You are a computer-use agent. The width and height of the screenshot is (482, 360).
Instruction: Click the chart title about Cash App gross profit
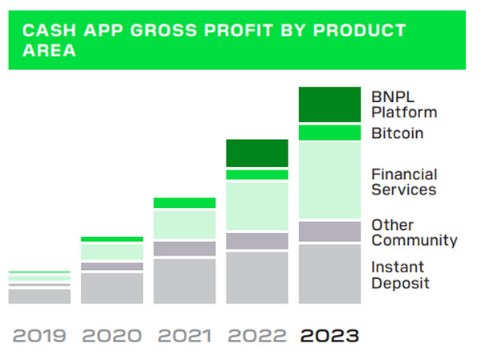[x=213, y=40]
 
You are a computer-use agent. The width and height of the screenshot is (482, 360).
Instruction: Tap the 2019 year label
[x=39, y=335]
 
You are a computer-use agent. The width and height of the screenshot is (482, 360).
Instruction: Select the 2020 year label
[x=112, y=335]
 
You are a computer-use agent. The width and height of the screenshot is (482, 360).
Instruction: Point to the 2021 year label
[x=184, y=335]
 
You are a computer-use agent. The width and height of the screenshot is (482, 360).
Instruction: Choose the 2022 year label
[x=257, y=335]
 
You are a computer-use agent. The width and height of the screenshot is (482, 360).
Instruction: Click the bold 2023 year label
[x=329, y=335]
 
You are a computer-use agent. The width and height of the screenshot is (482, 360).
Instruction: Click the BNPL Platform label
[x=403, y=104]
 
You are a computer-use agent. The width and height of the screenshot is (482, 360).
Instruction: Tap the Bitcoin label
[x=397, y=133]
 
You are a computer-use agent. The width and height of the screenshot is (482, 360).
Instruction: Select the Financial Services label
[x=404, y=182]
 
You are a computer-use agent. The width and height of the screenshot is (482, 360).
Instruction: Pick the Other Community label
[x=414, y=232]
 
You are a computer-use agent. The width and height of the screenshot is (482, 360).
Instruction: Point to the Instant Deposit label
[x=400, y=275]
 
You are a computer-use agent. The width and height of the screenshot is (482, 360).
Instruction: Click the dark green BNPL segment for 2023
[x=329, y=104]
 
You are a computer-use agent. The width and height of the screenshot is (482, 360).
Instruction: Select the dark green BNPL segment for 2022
[x=257, y=153]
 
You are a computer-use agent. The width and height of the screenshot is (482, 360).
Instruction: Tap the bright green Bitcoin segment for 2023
[x=329, y=133]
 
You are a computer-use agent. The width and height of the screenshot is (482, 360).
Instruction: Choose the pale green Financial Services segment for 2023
[x=329, y=180]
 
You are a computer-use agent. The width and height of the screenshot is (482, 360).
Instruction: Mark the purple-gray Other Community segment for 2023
[x=329, y=231]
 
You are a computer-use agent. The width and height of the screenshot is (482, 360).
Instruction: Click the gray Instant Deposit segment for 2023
[x=329, y=274]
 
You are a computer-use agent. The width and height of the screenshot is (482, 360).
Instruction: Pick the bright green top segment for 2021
[x=184, y=202]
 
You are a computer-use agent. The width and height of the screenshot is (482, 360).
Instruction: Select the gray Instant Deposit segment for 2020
[x=112, y=288]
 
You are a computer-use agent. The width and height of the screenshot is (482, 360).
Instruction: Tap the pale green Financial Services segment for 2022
[x=257, y=207]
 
